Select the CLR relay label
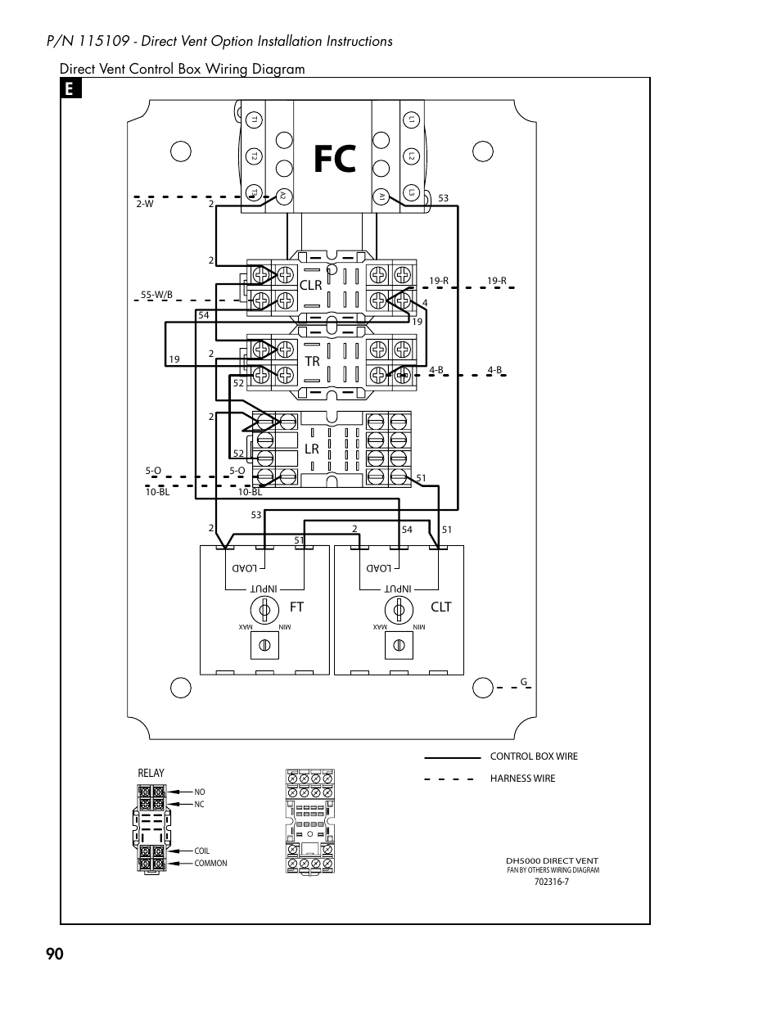click(x=311, y=285)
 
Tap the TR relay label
click(x=311, y=361)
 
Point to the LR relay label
click(x=311, y=449)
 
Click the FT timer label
click(x=296, y=607)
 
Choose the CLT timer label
click(x=441, y=607)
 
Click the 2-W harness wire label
click(x=145, y=204)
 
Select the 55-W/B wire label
click(x=156, y=294)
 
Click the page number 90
click(x=54, y=955)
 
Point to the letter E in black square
click(x=70, y=89)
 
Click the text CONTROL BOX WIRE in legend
click(x=534, y=756)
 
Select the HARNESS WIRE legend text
click(x=522, y=779)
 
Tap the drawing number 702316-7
click(x=552, y=882)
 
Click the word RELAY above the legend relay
click(x=151, y=773)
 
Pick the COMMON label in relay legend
click(x=210, y=864)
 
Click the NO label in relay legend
click(x=200, y=792)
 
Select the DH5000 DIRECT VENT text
click(x=552, y=861)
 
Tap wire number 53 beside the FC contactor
click(x=444, y=198)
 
